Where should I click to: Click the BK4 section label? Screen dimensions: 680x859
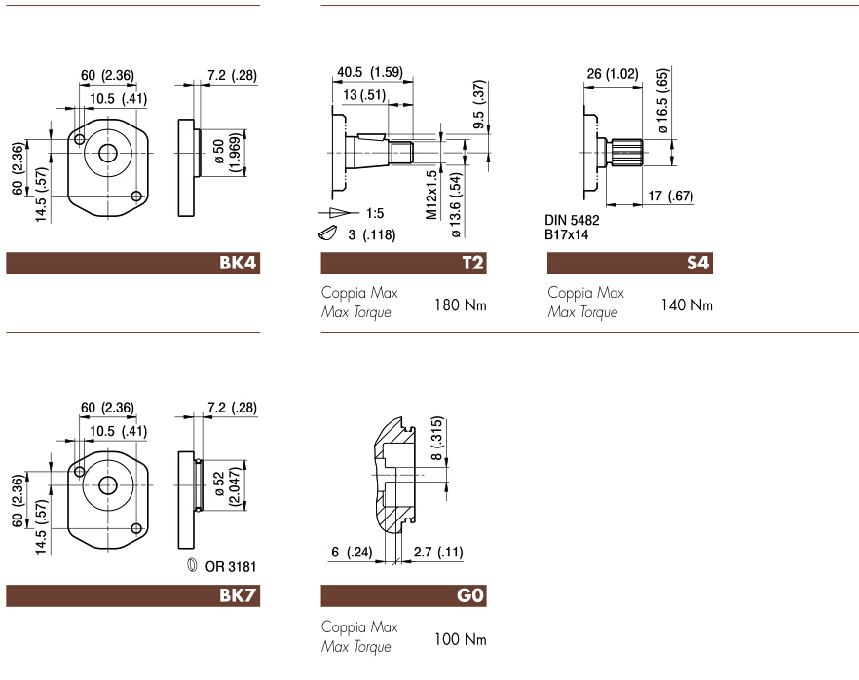(x=238, y=264)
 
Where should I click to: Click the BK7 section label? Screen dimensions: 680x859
(x=238, y=596)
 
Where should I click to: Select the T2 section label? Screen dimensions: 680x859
(x=471, y=264)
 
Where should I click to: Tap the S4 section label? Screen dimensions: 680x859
(x=697, y=264)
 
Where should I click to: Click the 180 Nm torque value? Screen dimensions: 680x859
(x=460, y=305)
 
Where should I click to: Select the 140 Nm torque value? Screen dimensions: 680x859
(x=687, y=305)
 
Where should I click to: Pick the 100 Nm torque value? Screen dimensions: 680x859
(x=460, y=640)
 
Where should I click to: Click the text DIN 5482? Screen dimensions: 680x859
(x=572, y=221)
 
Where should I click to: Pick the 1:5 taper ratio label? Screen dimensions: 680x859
(x=376, y=212)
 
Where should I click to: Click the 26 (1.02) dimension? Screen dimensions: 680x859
(x=613, y=73)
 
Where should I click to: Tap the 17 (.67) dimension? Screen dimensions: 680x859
(x=670, y=197)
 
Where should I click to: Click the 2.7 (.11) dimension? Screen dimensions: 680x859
(x=437, y=553)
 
